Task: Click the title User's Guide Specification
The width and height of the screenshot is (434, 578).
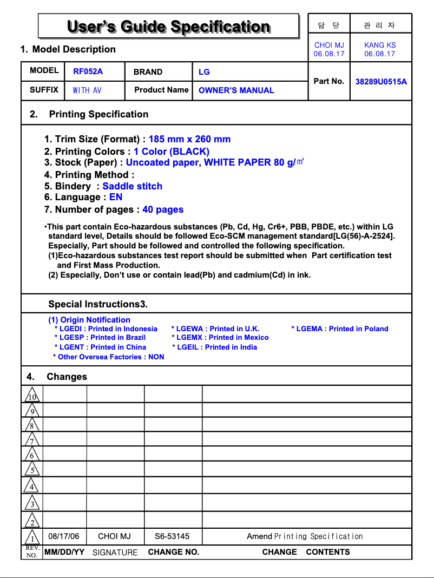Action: (x=168, y=27)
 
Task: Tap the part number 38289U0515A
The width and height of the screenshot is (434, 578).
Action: (x=381, y=82)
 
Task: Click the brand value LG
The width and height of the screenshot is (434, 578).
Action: (x=204, y=72)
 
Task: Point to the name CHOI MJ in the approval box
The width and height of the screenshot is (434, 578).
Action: (x=329, y=45)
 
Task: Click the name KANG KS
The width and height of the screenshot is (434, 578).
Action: (x=380, y=45)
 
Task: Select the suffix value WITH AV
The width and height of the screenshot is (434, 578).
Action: (x=87, y=90)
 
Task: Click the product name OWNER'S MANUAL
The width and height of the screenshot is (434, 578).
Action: (x=236, y=90)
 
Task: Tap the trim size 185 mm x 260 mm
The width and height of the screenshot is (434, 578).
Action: (x=189, y=139)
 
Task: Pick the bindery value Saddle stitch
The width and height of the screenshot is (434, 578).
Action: (x=133, y=186)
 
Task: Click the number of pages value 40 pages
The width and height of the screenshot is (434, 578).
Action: (x=163, y=209)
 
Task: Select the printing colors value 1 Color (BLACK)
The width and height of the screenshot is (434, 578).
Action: (x=172, y=152)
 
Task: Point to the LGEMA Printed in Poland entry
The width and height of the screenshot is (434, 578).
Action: (x=340, y=329)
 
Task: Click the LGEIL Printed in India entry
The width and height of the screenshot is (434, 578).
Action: (x=215, y=347)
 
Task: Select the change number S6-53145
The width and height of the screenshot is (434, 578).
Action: (x=172, y=536)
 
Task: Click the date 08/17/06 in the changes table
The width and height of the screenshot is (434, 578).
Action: (x=64, y=536)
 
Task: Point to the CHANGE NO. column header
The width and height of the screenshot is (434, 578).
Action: (x=174, y=552)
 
